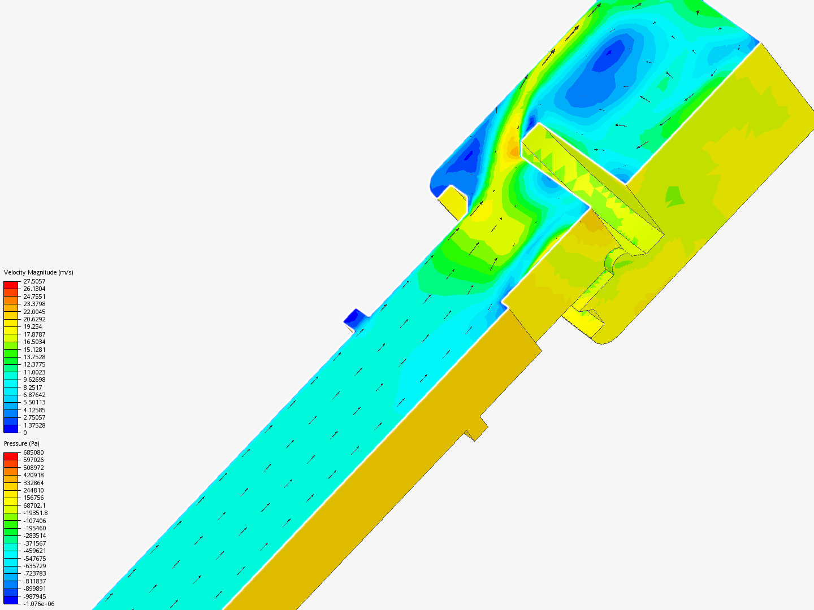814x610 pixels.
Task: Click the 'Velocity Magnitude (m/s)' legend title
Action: (x=38, y=272)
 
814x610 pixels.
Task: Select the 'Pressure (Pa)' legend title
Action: (x=21, y=443)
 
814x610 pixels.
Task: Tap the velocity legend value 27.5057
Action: (x=34, y=281)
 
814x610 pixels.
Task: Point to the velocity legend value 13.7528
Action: (x=34, y=357)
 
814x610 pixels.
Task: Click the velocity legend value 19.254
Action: (x=33, y=326)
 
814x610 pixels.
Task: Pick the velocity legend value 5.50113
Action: (x=34, y=402)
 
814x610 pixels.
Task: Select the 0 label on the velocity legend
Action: (x=25, y=433)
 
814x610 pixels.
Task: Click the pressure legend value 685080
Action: (x=33, y=452)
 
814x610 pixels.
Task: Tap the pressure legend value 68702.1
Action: (x=34, y=506)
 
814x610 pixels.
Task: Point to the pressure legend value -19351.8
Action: (x=36, y=513)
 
